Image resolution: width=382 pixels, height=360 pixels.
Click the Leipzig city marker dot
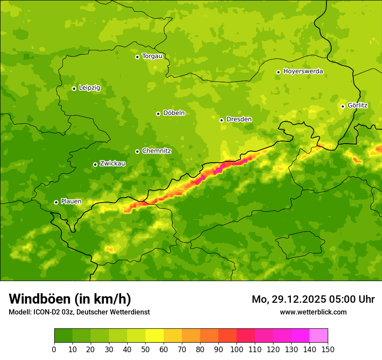click(74, 88)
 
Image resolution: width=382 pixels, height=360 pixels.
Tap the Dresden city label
click(239, 119)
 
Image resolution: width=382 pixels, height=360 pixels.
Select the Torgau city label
click(152, 56)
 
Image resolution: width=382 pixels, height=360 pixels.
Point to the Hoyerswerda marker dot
click(278, 72)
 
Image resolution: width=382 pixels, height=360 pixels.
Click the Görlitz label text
click(358, 105)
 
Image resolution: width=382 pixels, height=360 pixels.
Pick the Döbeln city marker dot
click(158, 114)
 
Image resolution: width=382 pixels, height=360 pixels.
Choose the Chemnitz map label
click(156, 151)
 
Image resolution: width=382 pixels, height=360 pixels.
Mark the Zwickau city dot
click(95, 164)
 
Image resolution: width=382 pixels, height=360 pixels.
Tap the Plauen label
click(71, 201)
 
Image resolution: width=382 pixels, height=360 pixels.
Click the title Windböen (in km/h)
click(70, 299)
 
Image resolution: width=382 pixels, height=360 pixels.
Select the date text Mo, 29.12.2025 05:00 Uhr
click(313, 299)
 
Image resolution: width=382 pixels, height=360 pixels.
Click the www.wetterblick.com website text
click(313, 312)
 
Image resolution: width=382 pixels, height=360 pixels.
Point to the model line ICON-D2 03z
click(79, 312)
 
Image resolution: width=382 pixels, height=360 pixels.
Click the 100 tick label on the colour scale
click(237, 349)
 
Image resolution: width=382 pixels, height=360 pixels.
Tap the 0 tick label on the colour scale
click(54, 349)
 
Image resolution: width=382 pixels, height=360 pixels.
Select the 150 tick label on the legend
click(328, 349)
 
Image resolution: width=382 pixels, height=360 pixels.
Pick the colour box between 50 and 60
click(155, 336)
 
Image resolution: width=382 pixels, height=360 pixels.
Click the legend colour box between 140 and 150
click(319, 336)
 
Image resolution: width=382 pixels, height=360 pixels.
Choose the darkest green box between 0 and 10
click(63, 336)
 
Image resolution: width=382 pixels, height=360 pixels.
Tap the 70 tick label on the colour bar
click(182, 349)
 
